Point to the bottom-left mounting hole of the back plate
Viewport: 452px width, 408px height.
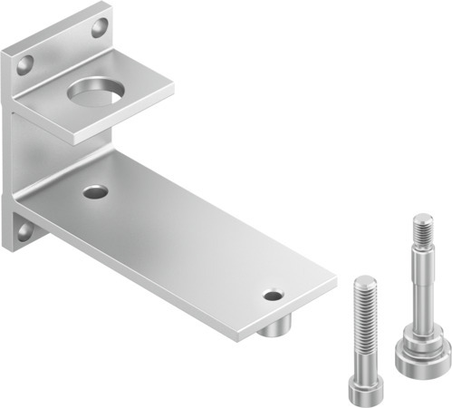23,232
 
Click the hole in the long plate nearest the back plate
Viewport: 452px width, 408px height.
94,191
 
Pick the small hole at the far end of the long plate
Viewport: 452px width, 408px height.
272,295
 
